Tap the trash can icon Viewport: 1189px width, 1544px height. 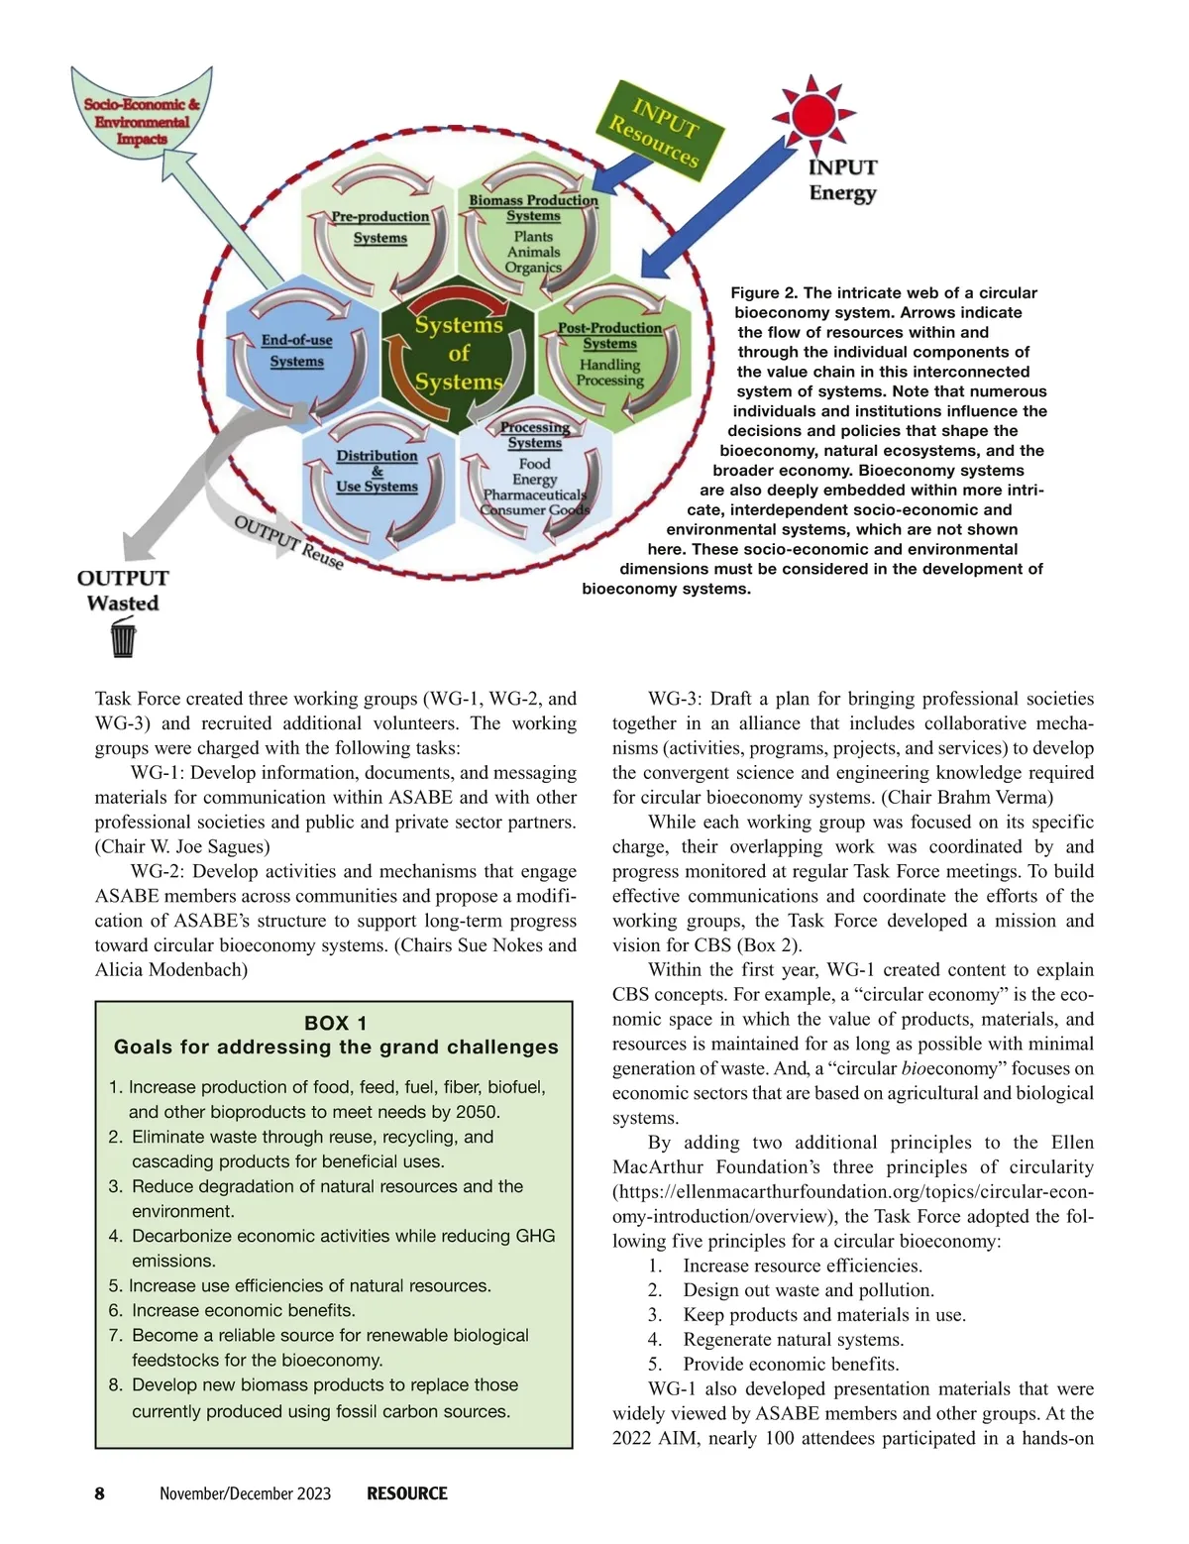pyautogui.click(x=123, y=637)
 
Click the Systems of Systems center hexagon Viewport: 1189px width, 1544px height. pyautogui.click(x=459, y=353)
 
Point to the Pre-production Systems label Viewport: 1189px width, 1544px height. pyautogui.click(x=380, y=227)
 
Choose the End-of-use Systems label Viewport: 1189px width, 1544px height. pyautogui.click(x=296, y=351)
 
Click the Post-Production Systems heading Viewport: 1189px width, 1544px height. pyautogui.click(x=609, y=335)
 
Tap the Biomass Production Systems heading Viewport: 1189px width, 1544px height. pyautogui.click(x=533, y=207)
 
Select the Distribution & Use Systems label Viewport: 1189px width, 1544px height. pyautogui.click(x=377, y=471)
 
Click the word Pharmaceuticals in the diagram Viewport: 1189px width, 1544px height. pyautogui.click(x=534, y=495)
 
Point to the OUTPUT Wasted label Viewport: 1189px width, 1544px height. pyautogui.click(x=123, y=590)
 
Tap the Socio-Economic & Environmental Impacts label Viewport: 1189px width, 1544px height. pyautogui.click(x=142, y=121)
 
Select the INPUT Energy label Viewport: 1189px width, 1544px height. pyautogui.click(x=842, y=179)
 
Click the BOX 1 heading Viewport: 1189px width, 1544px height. pyautogui.click(x=335, y=1023)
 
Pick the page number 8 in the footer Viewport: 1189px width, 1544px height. pyautogui.click(x=99, y=1493)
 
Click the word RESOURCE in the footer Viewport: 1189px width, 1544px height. pyautogui.click(x=407, y=1493)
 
